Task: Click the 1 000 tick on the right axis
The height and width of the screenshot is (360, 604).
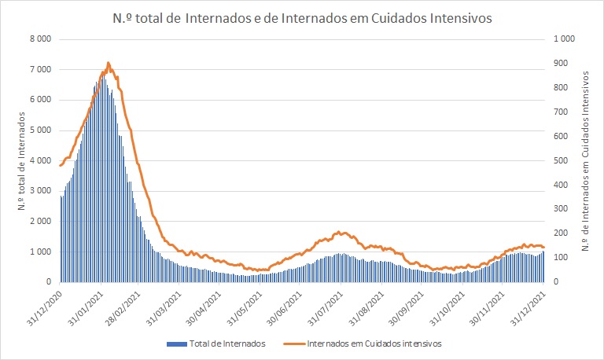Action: click(565, 39)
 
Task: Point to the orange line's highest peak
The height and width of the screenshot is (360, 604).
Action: click(108, 63)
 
